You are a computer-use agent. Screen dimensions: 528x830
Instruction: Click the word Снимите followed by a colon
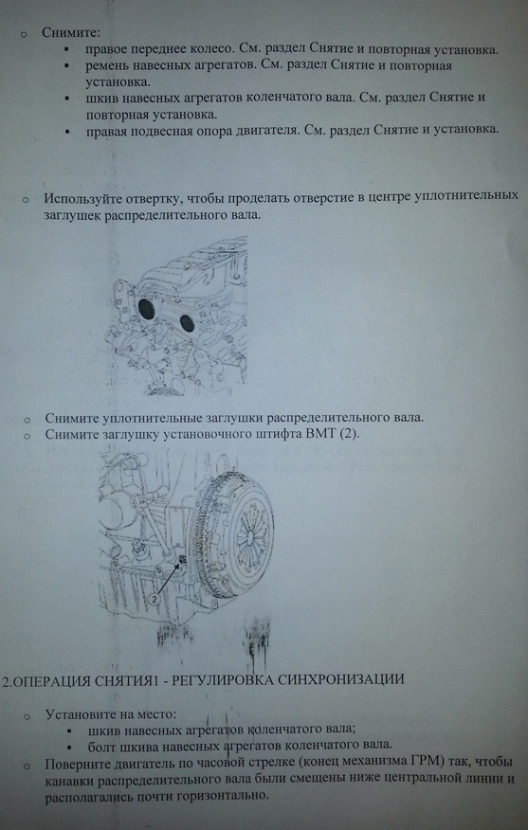71,32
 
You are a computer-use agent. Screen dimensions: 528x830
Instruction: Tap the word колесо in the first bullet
207,50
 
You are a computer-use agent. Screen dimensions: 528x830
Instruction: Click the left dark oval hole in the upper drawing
146,309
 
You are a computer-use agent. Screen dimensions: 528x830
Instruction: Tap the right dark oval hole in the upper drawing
187,323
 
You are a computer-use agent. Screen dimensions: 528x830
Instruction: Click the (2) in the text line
350,435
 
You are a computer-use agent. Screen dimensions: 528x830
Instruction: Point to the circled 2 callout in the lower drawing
154,600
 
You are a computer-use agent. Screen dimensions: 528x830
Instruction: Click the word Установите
80,714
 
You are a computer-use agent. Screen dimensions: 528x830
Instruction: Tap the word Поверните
78,765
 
